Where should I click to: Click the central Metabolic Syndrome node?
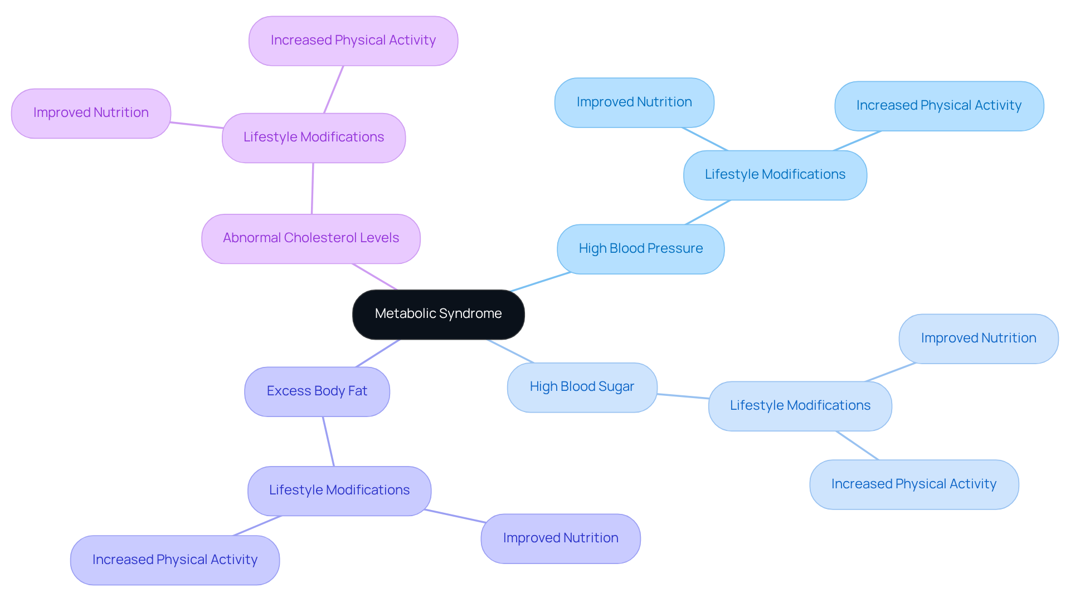pos(438,314)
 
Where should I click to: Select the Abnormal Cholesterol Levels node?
pos(311,238)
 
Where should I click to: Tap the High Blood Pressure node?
pos(640,249)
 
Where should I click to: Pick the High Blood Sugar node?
pos(582,387)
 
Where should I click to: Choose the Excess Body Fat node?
pos(317,391)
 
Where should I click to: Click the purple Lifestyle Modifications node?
pos(313,138)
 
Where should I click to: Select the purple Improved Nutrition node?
pos(91,113)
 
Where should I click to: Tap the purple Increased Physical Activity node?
pos(353,41)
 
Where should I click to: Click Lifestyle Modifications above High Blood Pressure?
pos(775,175)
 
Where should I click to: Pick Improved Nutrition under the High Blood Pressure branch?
pos(634,102)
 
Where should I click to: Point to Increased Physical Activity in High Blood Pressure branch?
pos(938,106)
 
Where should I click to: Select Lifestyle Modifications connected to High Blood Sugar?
pos(800,406)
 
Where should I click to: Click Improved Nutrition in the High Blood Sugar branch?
pos(978,339)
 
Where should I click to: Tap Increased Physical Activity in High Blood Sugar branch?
pos(913,484)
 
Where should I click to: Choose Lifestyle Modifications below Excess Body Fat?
pos(339,491)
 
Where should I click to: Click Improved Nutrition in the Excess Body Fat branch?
pos(560,538)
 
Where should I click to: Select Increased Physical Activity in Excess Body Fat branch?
pos(174,560)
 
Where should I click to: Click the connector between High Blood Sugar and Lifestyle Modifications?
pos(683,396)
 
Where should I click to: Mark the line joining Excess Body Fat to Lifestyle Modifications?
pos(328,442)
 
